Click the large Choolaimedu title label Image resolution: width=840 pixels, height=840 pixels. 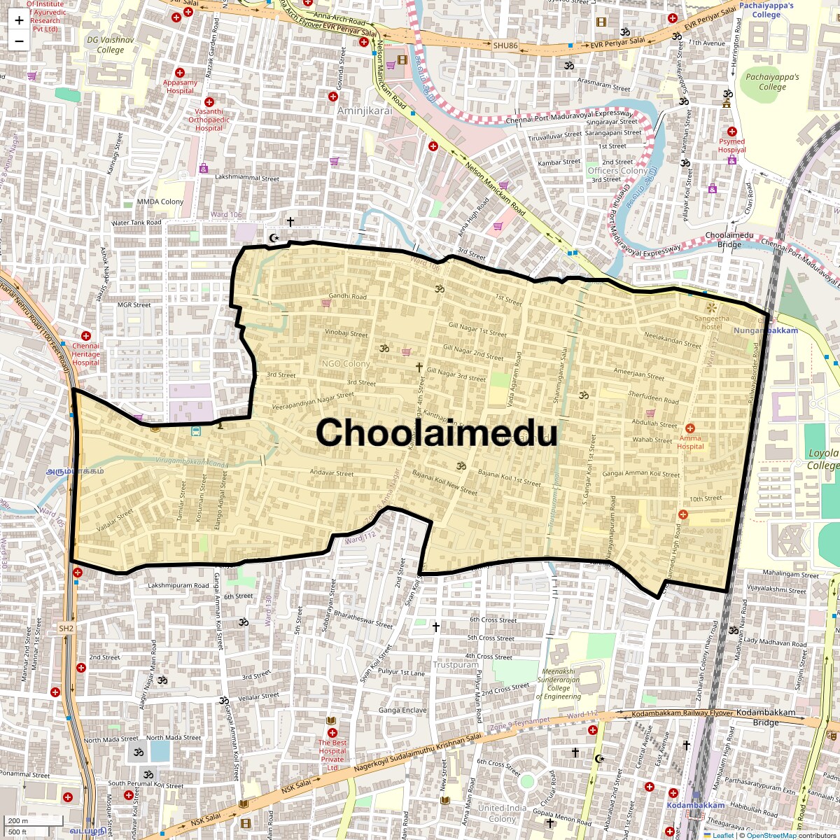(x=436, y=433)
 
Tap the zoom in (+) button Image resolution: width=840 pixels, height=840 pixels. (x=19, y=20)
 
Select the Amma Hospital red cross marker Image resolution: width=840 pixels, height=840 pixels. (x=690, y=428)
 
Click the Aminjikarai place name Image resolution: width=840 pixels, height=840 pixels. (x=365, y=111)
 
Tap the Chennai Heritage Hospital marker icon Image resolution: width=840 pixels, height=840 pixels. (x=86, y=337)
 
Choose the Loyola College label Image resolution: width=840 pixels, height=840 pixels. (x=822, y=459)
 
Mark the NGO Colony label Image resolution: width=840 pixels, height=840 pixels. (x=346, y=364)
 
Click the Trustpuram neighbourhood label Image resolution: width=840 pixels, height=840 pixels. (x=455, y=665)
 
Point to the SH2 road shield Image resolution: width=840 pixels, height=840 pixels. (x=66, y=629)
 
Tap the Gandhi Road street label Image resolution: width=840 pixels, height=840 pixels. (x=348, y=297)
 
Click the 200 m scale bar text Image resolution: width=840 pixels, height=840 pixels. (x=18, y=820)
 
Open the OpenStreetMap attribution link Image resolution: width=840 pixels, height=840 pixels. (x=771, y=835)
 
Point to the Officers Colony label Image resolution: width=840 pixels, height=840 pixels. (x=617, y=171)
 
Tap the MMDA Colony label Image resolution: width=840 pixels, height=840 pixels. (x=160, y=202)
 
